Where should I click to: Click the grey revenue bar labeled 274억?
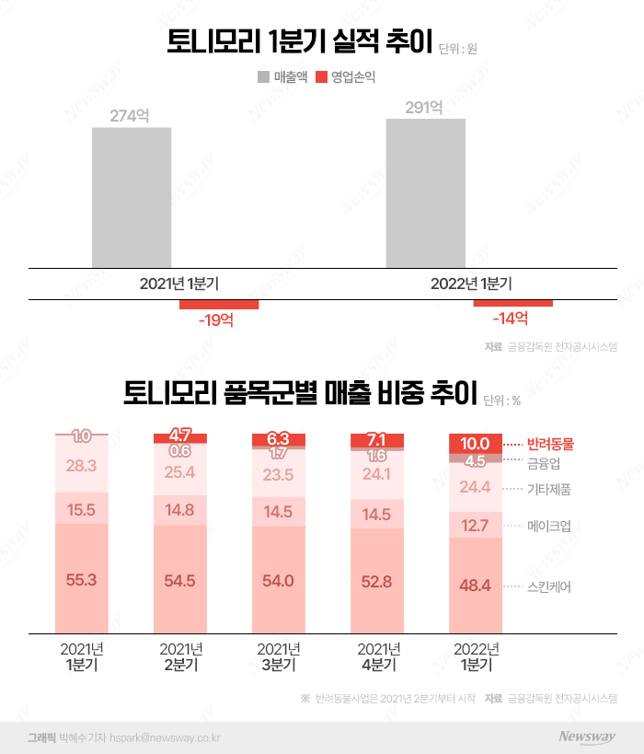click(x=132, y=197)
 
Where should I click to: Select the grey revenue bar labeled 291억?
click(x=425, y=193)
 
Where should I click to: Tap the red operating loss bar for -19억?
click(x=219, y=305)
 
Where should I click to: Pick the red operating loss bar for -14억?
click(x=512, y=303)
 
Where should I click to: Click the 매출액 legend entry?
click(x=282, y=77)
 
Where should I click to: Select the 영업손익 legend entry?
click(x=346, y=77)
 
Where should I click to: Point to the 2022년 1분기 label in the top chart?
click(x=471, y=284)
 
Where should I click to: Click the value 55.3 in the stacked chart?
click(x=81, y=580)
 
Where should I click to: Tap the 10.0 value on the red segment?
click(x=476, y=444)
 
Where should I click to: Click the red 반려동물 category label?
click(x=549, y=443)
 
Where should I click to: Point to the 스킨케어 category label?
click(x=548, y=586)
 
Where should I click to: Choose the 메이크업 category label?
click(x=548, y=526)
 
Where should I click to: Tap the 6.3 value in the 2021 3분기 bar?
click(x=279, y=440)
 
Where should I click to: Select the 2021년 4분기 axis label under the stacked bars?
click(x=377, y=657)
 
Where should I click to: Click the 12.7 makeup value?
click(x=476, y=525)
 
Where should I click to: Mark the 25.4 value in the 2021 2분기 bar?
click(x=180, y=473)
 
